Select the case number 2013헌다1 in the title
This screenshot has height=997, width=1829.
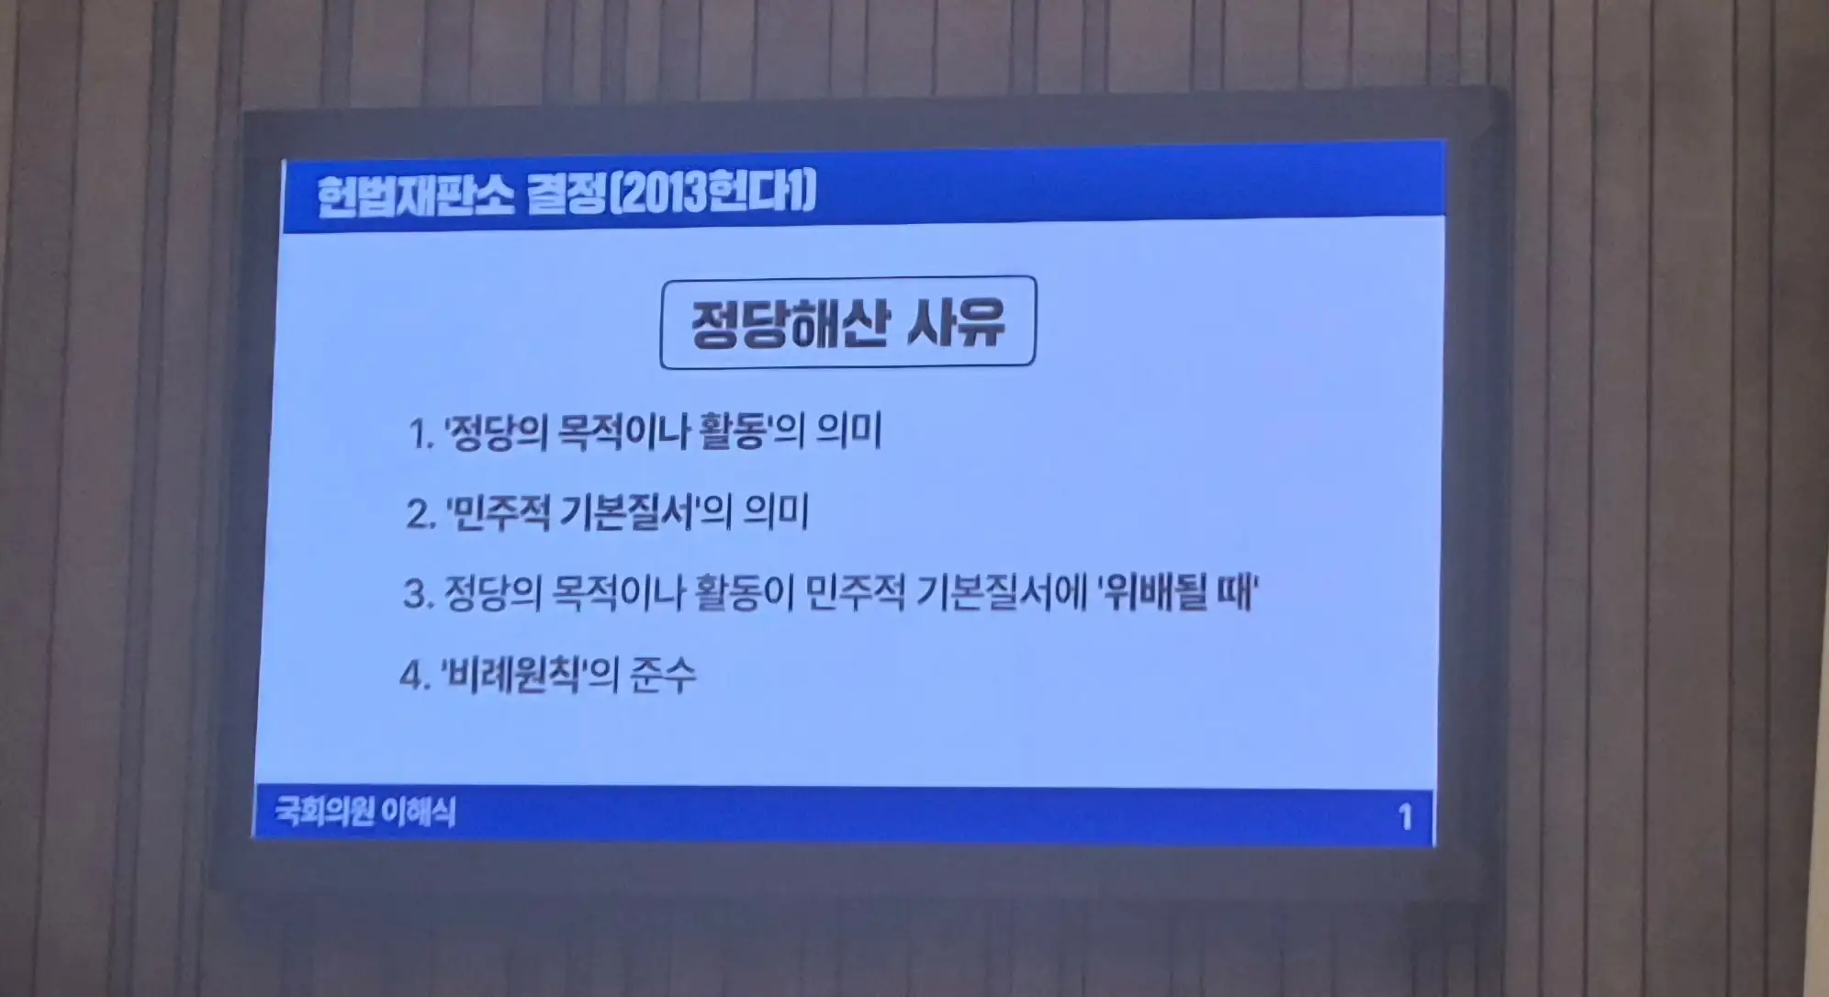coord(713,193)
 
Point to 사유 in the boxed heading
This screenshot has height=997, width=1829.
coord(956,322)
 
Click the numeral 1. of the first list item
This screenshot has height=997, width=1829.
coord(421,434)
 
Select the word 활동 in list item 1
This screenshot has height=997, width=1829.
coord(732,431)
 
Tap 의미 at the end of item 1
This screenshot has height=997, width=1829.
coord(849,431)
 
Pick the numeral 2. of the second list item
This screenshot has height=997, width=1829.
coord(421,514)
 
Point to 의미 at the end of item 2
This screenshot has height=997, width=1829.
coord(776,511)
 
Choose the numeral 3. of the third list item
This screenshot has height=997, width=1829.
coord(419,595)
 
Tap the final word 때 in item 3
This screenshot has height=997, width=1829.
coord(1234,592)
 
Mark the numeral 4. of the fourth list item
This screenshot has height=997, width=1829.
coord(416,677)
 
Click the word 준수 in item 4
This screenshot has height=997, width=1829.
coord(663,675)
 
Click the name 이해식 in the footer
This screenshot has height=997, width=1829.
coord(419,812)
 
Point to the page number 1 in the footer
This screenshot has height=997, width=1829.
coord(1405,817)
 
